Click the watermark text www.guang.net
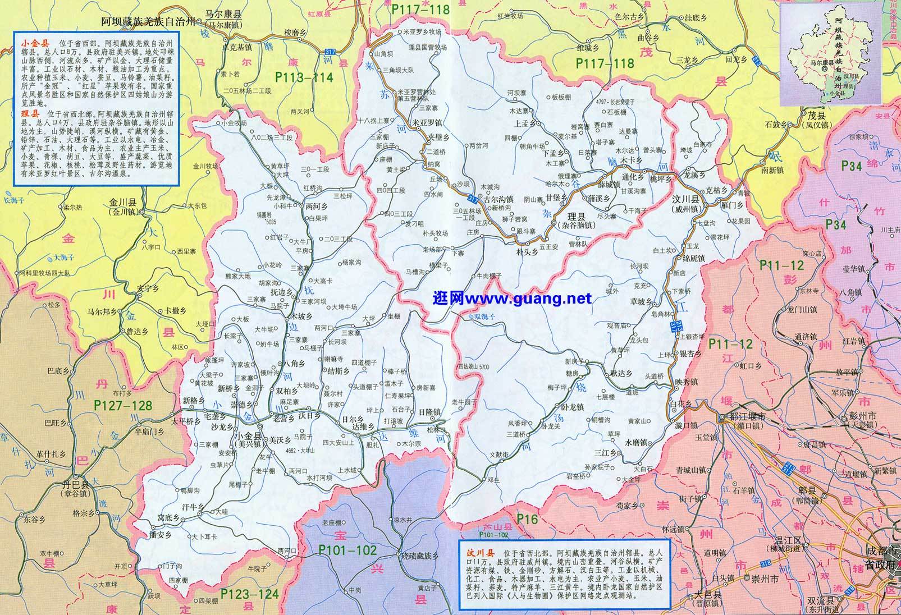coord(513,299)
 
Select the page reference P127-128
coord(123,405)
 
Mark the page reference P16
coord(527,520)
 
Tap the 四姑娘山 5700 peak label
coord(473,366)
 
